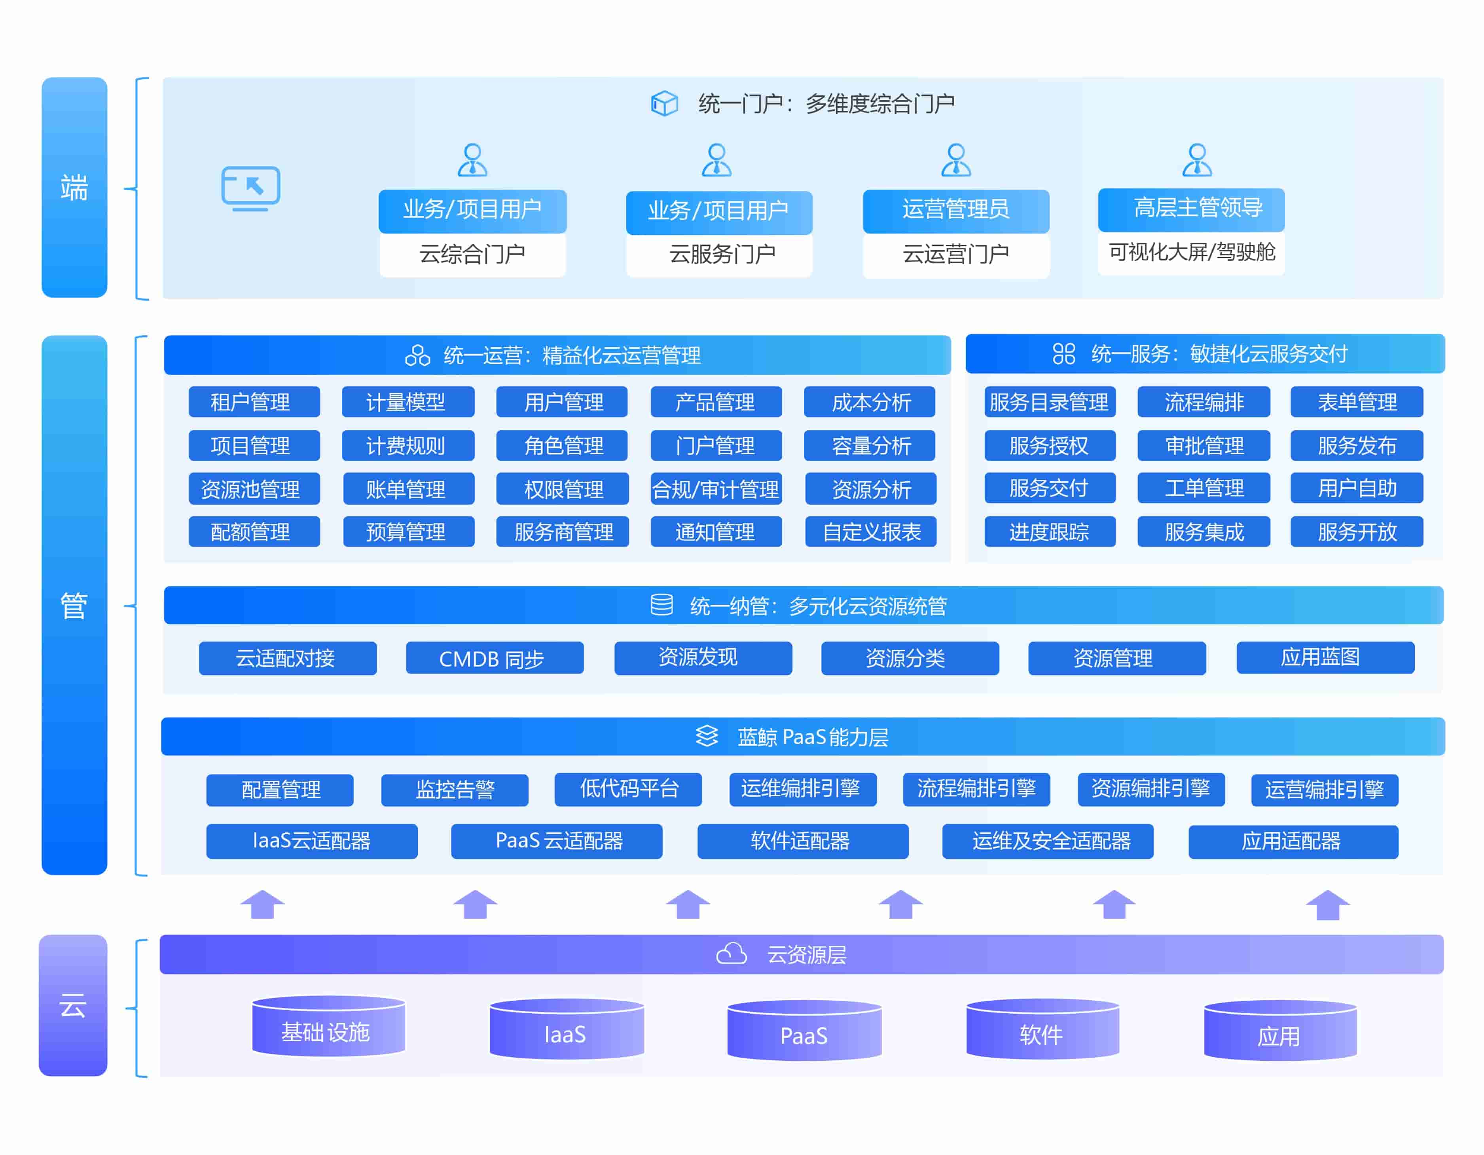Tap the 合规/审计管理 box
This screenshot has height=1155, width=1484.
716,489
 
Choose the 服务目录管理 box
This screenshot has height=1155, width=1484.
1049,402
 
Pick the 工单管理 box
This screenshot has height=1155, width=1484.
1203,488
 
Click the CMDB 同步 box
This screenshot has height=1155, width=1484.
494,658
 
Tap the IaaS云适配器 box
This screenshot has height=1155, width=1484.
311,841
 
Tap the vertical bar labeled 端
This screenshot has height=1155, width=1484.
74,187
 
